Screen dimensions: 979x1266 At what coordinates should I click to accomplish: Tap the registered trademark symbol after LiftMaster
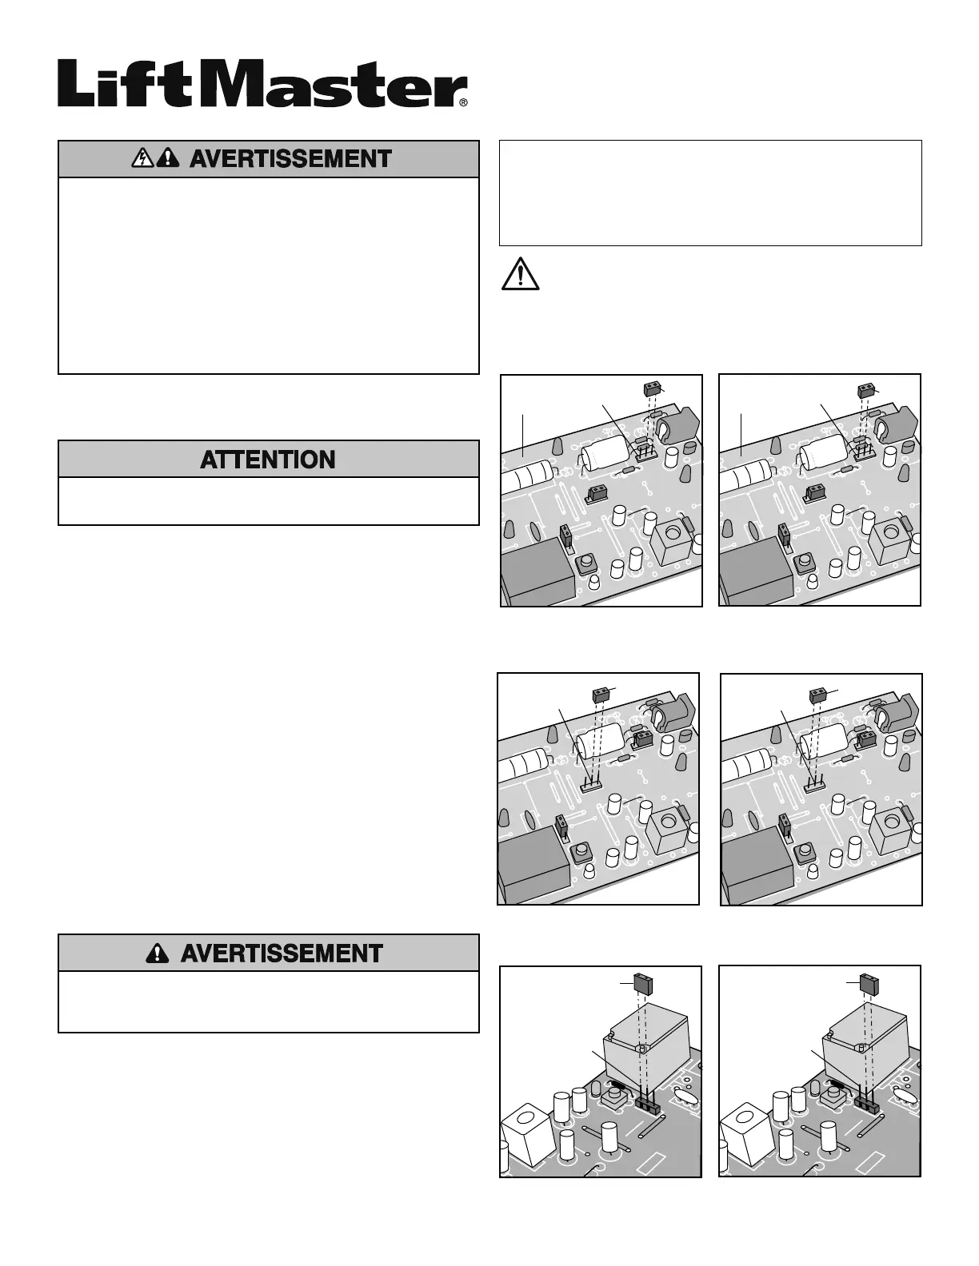click(x=463, y=102)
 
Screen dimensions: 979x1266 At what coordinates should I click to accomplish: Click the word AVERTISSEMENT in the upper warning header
click(x=290, y=159)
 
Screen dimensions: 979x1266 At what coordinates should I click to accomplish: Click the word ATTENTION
click(x=268, y=460)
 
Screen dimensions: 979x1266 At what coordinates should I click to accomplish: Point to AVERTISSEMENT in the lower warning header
click(x=282, y=953)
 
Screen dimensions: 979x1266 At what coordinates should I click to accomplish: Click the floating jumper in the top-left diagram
click(x=653, y=389)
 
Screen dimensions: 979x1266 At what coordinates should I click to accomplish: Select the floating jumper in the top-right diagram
click(x=867, y=390)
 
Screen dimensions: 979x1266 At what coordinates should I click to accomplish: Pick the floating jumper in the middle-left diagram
click(x=601, y=694)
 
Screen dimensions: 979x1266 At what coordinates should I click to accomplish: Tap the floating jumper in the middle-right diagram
click(x=818, y=694)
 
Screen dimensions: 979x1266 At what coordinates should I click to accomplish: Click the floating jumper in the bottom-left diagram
click(x=642, y=981)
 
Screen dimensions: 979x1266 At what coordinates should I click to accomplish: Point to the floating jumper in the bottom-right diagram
click(x=866, y=981)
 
